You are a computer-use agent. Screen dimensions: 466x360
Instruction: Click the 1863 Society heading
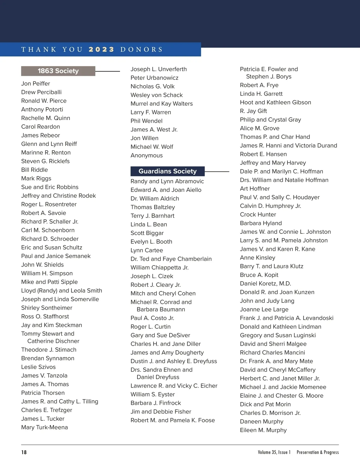tap(58, 71)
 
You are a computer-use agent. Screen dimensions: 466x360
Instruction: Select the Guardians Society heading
tap(167, 171)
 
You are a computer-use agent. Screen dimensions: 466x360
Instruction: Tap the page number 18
tap(24, 452)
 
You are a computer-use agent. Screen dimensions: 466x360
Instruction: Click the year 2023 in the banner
tap(101, 50)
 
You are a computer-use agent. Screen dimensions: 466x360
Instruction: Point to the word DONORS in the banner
tap(141, 50)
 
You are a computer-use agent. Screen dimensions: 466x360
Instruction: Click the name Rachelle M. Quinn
tap(46, 118)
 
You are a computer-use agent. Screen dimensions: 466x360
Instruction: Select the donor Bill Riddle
tap(34, 170)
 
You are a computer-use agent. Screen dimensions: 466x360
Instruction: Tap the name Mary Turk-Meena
tap(44, 427)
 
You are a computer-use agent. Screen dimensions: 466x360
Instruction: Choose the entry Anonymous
tap(147, 155)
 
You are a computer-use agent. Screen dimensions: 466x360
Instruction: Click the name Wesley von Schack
tap(157, 95)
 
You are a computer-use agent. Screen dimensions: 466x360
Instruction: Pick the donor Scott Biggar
tap(147, 233)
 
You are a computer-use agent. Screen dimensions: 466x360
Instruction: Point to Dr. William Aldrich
tap(155, 199)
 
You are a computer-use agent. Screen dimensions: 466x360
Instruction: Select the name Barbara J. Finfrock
tap(156, 403)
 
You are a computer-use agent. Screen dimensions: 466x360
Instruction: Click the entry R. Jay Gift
tap(253, 111)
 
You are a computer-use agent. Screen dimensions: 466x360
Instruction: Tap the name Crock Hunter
tap(258, 215)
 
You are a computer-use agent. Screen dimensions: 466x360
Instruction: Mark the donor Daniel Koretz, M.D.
tap(265, 284)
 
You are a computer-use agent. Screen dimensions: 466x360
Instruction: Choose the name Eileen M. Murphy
tap(263, 430)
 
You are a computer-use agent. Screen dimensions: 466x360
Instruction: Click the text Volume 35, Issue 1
tap(274, 452)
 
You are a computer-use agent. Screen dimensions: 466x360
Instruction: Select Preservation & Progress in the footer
tap(318, 452)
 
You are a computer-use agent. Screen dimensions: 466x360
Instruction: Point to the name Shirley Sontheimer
tap(47, 308)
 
